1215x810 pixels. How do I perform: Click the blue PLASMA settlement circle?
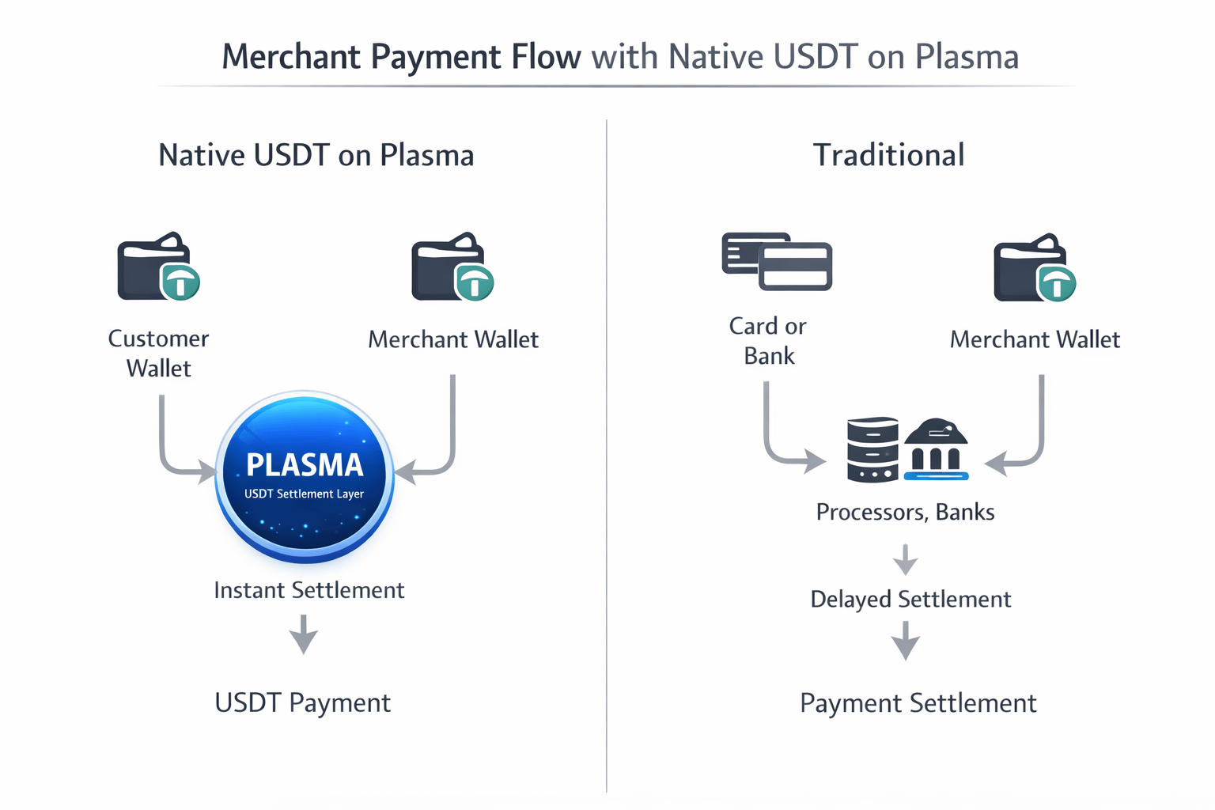click(x=305, y=476)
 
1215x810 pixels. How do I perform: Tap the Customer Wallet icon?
click(x=159, y=266)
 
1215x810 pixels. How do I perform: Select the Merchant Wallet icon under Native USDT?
click(x=453, y=267)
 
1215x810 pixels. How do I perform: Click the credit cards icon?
click(x=777, y=262)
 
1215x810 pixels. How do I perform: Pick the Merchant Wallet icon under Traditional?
click(x=1035, y=267)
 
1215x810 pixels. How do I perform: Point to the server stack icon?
click(x=872, y=449)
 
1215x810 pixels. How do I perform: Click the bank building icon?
click(x=937, y=449)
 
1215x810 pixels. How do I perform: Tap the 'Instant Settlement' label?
click(x=309, y=590)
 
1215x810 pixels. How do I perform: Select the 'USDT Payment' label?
click(x=303, y=703)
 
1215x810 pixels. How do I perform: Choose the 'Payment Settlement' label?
click(x=918, y=704)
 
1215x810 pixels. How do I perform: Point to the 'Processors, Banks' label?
click(x=905, y=513)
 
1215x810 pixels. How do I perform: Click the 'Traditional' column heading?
click(x=889, y=155)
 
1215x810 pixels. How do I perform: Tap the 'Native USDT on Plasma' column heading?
click(x=316, y=155)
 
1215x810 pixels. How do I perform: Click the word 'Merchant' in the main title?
click(x=291, y=56)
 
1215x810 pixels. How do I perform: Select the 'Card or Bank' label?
click(x=768, y=341)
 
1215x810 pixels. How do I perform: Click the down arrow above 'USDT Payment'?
click(x=303, y=634)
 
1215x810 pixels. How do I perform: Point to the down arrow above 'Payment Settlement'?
click(x=905, y=641)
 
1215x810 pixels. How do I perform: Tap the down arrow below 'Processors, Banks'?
click(x=905, y=559)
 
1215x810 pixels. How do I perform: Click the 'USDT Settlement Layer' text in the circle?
click(x=304, y=494)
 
